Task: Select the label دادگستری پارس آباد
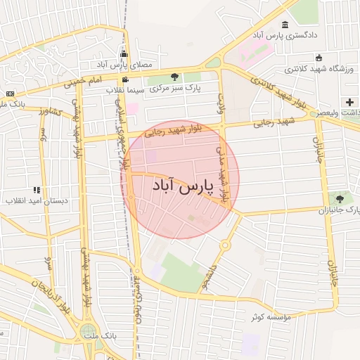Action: (x=285, y=34)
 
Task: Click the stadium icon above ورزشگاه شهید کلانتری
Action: (x=319, y=58)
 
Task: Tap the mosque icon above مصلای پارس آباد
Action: (x=124, y=54)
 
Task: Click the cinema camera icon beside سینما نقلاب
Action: (x=125, y=79)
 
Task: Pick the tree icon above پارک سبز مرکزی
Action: (x=174, y=77)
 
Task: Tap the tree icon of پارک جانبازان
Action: (x=340, y=199)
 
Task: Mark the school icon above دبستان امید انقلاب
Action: (x=37, y=190)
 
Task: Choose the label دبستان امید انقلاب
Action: (x=37, y=200)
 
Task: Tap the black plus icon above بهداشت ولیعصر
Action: (x=349, y=102)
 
